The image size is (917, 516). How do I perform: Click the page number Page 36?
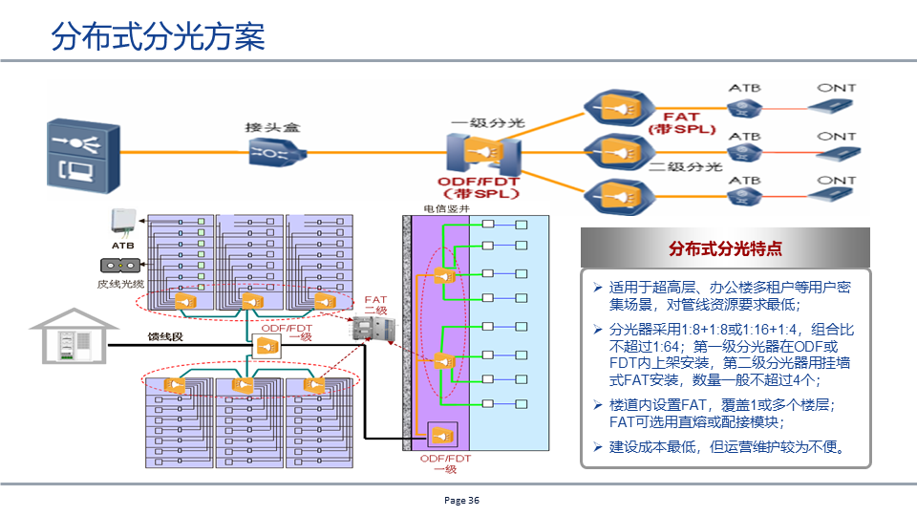point(461,500)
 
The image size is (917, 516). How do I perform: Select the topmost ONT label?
point(836,88)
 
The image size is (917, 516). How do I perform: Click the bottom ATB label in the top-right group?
point(744,180)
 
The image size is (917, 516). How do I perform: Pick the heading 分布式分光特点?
point(725,248)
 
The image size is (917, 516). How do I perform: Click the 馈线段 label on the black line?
point(164,335)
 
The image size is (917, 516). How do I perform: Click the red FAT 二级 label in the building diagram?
point(375,305)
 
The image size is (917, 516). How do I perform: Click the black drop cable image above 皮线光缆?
point(119,265)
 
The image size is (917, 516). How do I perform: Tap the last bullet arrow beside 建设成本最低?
point(597,447)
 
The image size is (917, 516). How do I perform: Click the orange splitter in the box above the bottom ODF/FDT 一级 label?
point(442,436)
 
